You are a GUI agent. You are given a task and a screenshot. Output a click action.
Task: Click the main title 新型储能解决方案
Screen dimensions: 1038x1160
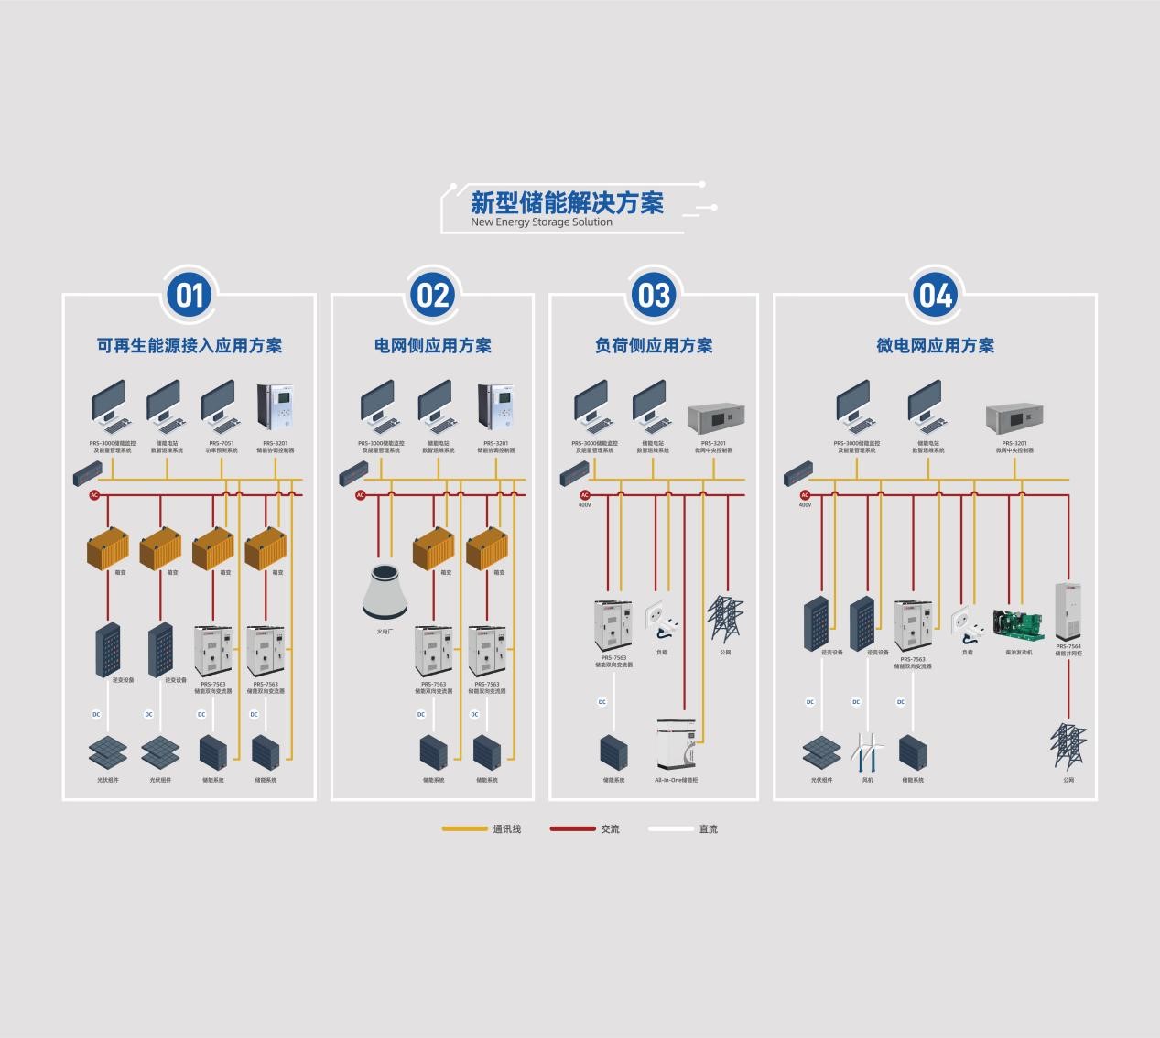[x=567, y=202]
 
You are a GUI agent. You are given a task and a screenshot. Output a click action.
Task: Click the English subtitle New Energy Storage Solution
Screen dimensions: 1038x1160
[x=541, y=222]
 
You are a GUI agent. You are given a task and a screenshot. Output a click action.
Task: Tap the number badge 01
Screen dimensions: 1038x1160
[x=190, y=295]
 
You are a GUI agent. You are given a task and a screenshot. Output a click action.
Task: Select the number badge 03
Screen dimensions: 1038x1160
[x=654, y=295]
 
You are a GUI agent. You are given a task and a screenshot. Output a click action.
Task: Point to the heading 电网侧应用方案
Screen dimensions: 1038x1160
[x=432, y=346]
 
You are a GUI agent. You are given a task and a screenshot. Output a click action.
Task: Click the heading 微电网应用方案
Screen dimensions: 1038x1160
[x=935, y=346]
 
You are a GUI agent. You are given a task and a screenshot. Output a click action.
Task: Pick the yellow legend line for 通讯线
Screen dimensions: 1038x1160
[x=464, y=829]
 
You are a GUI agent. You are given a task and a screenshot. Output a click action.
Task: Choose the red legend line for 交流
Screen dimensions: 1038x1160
[x=572, y=829]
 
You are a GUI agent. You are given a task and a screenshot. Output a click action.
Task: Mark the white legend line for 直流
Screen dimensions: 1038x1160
[x=671, y=829]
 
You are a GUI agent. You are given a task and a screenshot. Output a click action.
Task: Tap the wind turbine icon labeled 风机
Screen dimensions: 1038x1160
[x=867, y=753]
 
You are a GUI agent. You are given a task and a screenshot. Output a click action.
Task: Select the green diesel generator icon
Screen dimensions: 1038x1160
[x=1018, y=626]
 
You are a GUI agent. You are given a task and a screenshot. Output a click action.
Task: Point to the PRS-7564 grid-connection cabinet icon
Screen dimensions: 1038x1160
[x=1068, y=611]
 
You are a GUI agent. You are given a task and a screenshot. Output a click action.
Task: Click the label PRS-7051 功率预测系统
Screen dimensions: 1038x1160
[x=222, y=447]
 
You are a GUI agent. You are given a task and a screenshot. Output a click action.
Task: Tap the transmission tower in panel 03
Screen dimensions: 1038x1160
[x=725, y=620]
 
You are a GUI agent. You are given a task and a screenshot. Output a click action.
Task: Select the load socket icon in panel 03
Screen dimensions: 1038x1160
[x=661, y=621]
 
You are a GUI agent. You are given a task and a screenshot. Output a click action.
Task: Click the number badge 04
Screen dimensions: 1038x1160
[x=935, y=295]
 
